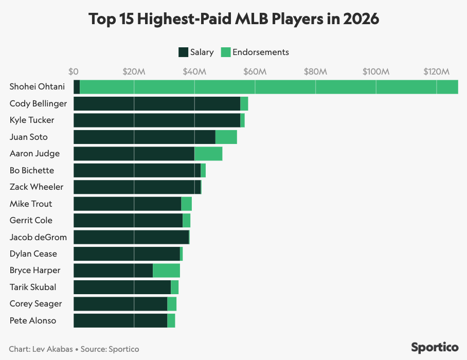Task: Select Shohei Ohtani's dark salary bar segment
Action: [x=77, y=87]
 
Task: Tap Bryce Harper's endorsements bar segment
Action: [x=166, y=271]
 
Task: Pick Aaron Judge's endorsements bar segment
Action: [x=208, y=154]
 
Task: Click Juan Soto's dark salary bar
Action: [x=144, y=137]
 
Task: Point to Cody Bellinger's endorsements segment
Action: [x=244, y=103]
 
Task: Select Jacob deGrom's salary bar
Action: [x=131, y=237]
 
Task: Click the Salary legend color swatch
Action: [x=183, y=52]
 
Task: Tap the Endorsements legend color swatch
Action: [x=225, y=52]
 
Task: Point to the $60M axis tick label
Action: [x=255, y=71]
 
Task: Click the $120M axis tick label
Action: [x=436, y=71]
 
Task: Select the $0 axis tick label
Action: [x=74, y=71]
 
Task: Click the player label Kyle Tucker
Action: [x=32, y=120]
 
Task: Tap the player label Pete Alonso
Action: [x=33, y=320]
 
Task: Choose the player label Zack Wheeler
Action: [x=37, y=187]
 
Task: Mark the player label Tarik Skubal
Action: [x=33, y=287]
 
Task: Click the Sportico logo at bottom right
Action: [x=435, y=347]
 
